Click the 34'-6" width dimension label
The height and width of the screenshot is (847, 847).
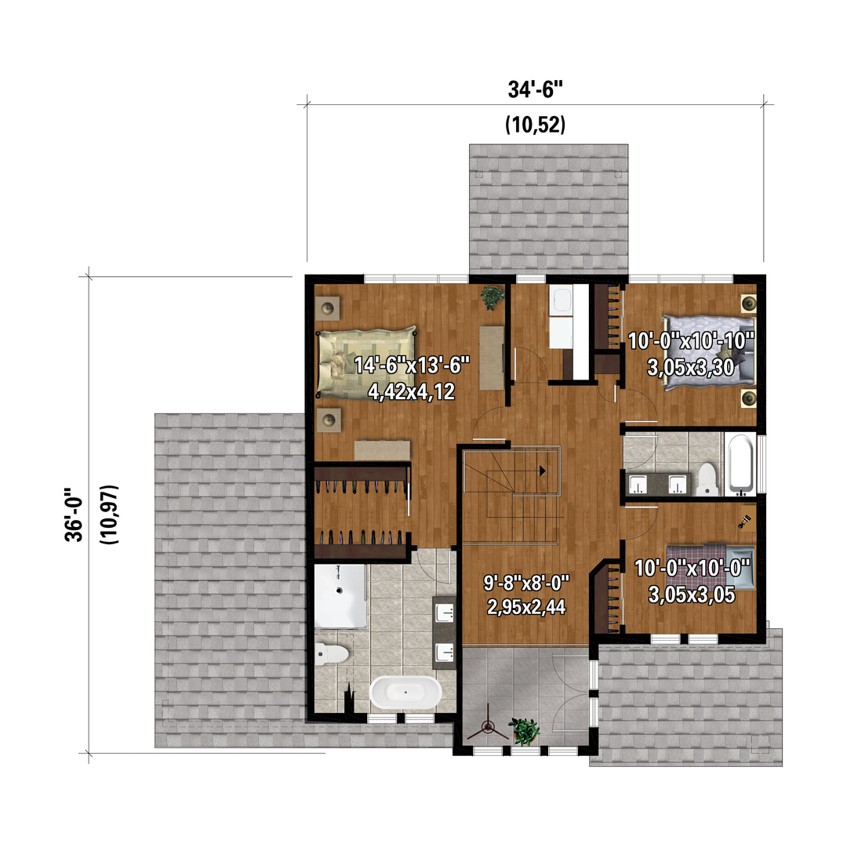click(535, 89)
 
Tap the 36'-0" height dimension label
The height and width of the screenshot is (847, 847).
click(74, 514)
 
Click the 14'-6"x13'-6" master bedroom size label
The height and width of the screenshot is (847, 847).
click(412, 365)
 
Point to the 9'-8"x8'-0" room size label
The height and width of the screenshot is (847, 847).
click(526, 583)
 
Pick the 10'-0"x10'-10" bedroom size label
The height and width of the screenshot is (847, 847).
click(691, 341)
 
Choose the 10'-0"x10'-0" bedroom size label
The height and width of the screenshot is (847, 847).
click(692, 569)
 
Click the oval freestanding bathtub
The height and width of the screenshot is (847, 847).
click(405, 692)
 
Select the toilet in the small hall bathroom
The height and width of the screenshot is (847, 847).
click(707, 478)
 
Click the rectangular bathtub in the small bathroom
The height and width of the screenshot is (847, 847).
click(740, 464)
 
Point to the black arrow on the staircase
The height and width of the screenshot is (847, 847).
click(542, 471)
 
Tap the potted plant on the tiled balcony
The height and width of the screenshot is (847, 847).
click(523, 731)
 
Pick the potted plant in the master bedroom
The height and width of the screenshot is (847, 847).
click(492, 296)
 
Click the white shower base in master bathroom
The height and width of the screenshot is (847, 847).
click(340, 596)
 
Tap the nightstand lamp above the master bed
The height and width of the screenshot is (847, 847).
click(327, 308)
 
